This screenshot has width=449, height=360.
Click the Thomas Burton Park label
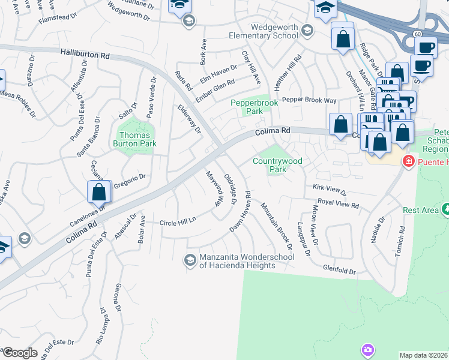coord(135,139)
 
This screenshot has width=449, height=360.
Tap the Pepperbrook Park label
coord(255,107)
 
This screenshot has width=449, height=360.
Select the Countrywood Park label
coord(277,165)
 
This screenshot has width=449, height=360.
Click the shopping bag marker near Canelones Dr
coord(99,193)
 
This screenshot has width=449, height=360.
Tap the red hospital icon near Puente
coord(408,161)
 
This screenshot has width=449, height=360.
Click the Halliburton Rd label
coord(85,54)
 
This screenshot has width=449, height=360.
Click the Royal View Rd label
coord(338,204)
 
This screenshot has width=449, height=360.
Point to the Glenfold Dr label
coord(339,270)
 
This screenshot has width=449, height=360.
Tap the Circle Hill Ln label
coord(178,223)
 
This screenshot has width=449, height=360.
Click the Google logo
coord(19,353)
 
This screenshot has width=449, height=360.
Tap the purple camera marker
coord(367,349)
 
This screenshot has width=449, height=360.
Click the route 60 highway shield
coord(417,34)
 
